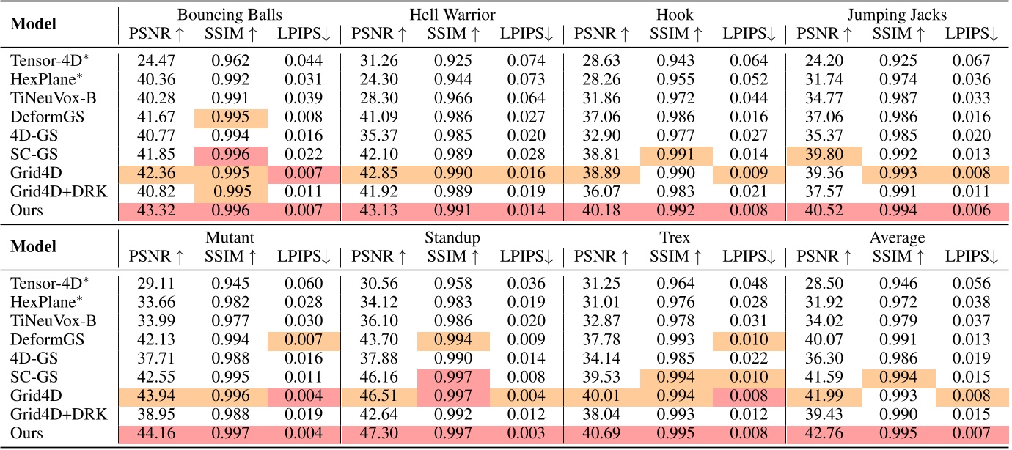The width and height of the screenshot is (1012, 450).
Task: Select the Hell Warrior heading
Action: pos(452,14)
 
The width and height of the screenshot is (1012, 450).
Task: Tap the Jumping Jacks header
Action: pos(896,14)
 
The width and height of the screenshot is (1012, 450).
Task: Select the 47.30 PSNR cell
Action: pos(378,432)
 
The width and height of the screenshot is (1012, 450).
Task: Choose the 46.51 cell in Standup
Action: pos(378,394)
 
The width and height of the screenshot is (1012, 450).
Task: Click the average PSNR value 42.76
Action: pos(821,432)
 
